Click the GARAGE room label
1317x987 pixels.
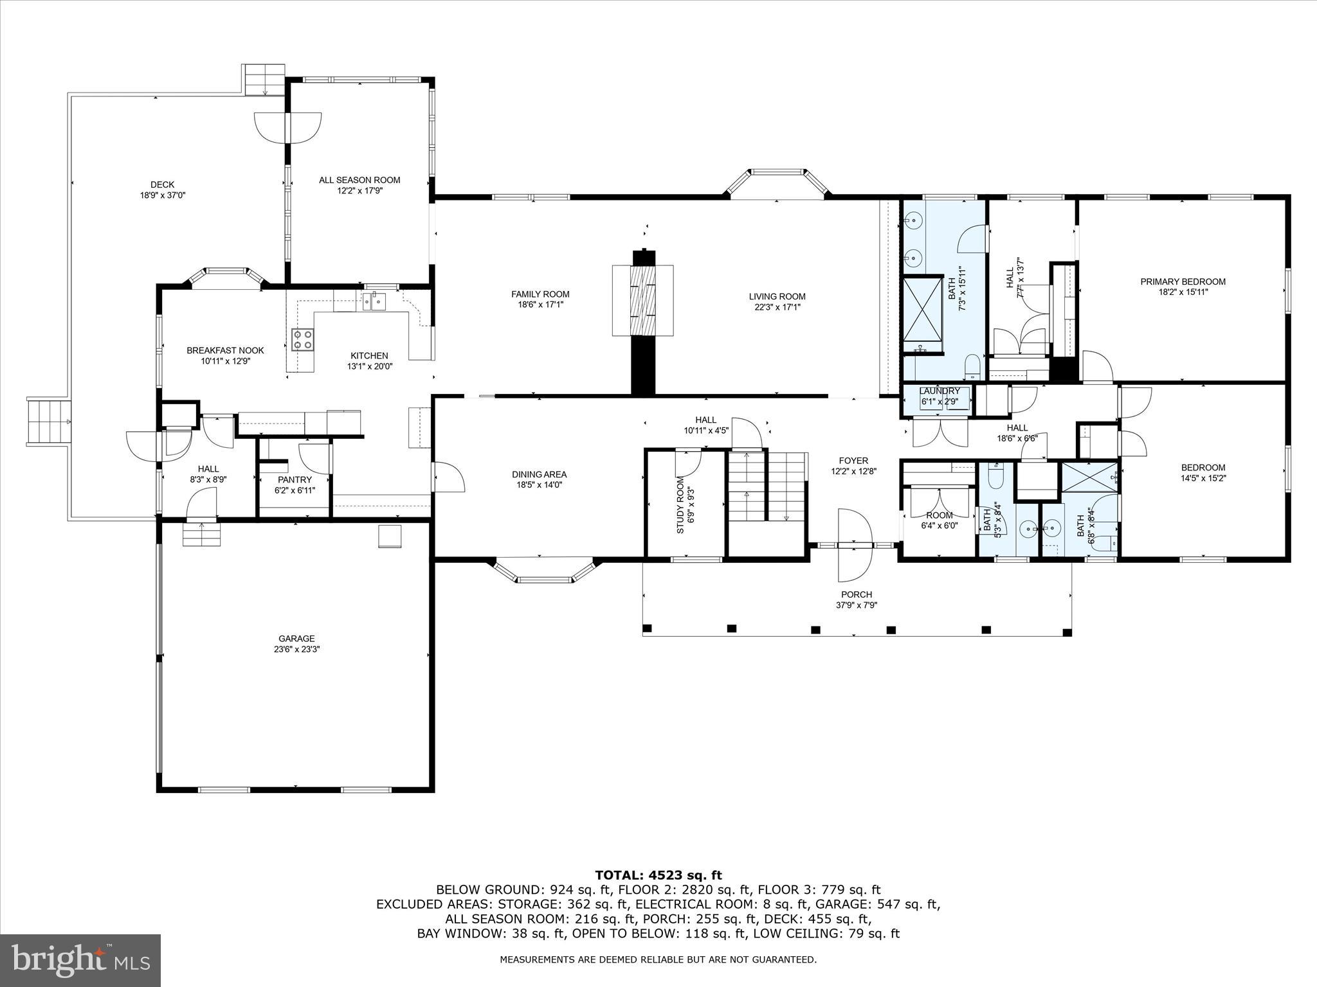click(x=296, y=638)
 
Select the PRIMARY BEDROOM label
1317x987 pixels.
click(x=1183, y=281)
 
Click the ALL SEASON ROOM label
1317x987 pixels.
click(x=359, y=180)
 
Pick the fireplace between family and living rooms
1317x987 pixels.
click(x=643, y=300)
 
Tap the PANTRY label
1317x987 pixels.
click(x=295, y=479)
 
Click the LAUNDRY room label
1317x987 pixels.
click(x=940, y=391)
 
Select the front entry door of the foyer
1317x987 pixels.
click(x=855, y=546)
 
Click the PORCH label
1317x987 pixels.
click(x=857, y=594)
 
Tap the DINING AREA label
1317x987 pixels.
click(x=539, y=474)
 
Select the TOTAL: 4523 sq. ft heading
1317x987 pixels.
click(x=658, y=875)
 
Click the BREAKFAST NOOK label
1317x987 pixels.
click(x=225, y=350)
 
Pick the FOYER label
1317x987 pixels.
click(x=853, y=460)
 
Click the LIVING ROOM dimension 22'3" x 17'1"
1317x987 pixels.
click(x=777, y=307)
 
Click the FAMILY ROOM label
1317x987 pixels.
click(x=540, y=294)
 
